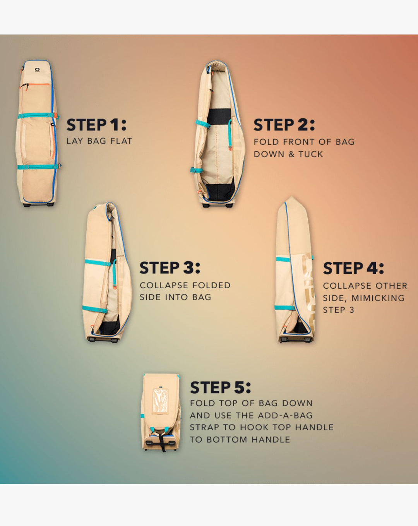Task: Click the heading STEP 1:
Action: pos(96,125)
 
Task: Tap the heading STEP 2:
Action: pos(284,125)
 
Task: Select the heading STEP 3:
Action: pos(170,267)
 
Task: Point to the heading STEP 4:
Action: pos(353,268)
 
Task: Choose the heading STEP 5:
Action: pos(221,387)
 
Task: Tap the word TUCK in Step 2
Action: pos(311,154)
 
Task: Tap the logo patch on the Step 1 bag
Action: pos(38,70)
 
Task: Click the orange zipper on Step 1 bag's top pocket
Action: pos(38,85)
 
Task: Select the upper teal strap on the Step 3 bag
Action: pos(98,262)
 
